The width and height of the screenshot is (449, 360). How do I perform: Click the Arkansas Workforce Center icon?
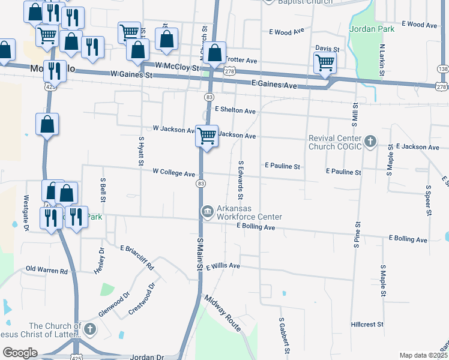click(x=207, y=211)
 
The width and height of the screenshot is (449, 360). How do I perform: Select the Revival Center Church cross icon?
click(x=370, y=142)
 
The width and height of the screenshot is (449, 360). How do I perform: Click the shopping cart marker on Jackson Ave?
click(x=206, y=136)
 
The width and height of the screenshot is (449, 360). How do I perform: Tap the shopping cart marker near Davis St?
click(x=325, y=62)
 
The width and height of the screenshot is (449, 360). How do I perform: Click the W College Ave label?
click(x=173, y=173)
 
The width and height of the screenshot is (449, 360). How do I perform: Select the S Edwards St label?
click(x=241, y=179)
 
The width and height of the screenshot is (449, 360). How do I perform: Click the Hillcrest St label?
click(x=367, y=324)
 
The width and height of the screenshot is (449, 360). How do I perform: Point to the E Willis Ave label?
click(x=223, y=266)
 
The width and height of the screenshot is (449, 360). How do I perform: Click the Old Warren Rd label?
click(x=47, y=271)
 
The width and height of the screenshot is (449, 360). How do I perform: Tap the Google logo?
click(x=20, y=353)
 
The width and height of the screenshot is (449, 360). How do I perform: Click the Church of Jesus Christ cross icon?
click(x=90, y=329)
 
